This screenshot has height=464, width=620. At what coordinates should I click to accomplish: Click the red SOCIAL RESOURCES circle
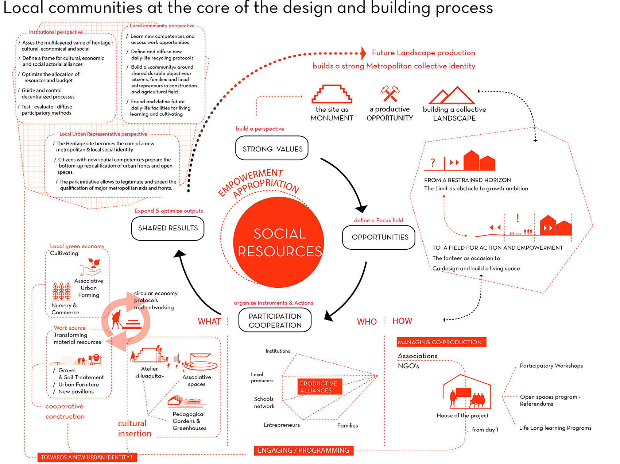click(279, 242)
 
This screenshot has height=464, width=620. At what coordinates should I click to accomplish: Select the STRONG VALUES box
click(272, 148)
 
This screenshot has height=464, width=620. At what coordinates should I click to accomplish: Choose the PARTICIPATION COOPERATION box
click(275, 321)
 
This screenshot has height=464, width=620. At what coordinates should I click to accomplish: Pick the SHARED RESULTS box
click(168, 229)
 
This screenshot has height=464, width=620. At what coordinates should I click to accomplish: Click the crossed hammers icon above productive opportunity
click(390, 93)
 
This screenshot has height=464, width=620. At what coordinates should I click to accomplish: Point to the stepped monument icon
click(332, 94)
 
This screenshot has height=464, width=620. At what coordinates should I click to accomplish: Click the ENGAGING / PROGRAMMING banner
click(303, 450)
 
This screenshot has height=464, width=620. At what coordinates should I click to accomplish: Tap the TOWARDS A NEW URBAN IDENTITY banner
click(87, 457)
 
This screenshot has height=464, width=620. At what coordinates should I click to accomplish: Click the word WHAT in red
click(209, 322)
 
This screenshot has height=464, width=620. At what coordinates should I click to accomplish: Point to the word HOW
click(402, 321)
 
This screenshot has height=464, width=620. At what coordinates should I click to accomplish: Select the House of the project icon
click(466, 392)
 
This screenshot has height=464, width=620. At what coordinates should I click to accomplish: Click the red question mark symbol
click(433, 162)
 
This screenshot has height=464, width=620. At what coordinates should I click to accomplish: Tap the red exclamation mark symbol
click(518, 218)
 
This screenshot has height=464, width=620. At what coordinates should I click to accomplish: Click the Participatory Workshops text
click(551, 366)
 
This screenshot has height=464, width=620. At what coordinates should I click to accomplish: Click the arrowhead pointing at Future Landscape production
click(363, 53)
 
